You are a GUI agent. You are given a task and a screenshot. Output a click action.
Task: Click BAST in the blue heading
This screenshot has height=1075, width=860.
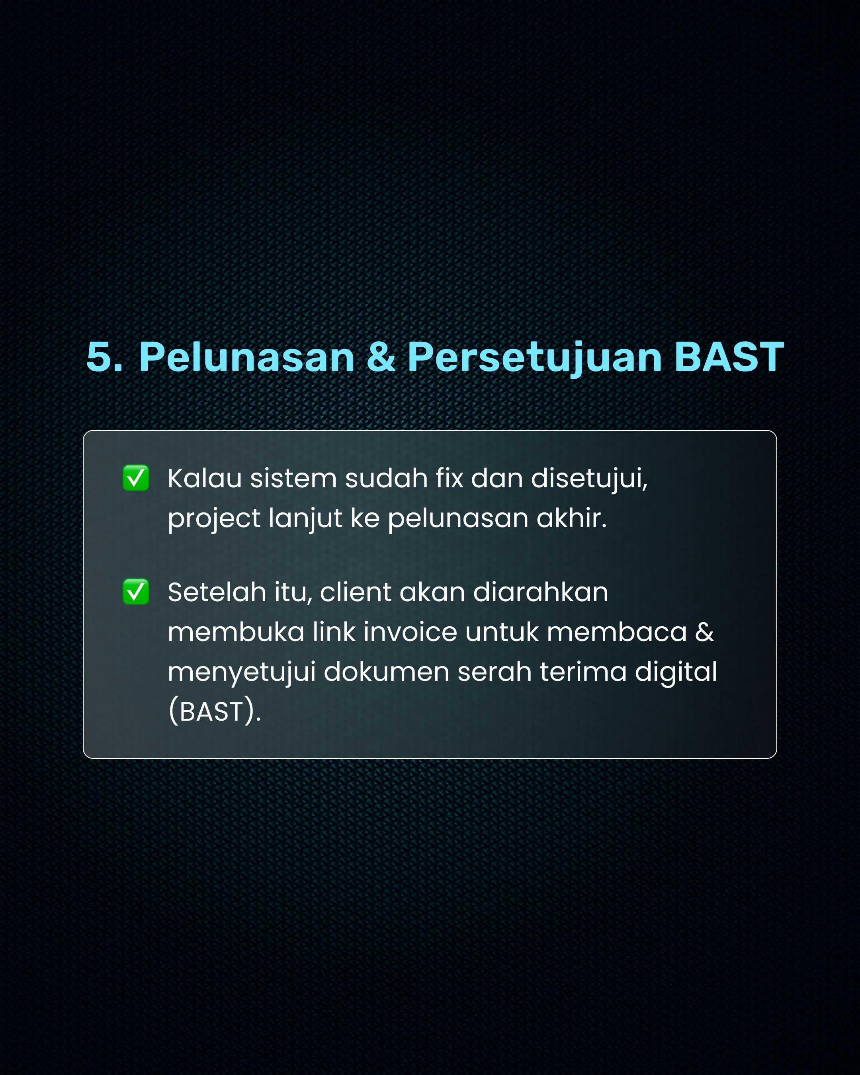point(729,357)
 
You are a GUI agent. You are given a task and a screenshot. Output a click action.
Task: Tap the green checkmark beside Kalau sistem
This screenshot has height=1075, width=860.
point(136,478)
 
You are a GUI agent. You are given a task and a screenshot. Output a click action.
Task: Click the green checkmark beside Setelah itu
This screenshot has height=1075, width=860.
point(136,592)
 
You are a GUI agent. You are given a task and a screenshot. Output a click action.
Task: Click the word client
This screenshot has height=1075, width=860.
point(356,592)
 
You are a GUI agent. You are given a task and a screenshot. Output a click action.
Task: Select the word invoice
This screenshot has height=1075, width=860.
point(410,632)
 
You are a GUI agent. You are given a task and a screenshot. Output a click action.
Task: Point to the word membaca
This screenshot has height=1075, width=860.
point(617,632)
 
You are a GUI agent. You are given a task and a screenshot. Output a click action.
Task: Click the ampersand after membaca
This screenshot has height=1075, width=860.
point(704,632)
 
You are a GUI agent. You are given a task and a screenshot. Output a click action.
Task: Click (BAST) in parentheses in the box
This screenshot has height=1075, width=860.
point(214,711)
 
